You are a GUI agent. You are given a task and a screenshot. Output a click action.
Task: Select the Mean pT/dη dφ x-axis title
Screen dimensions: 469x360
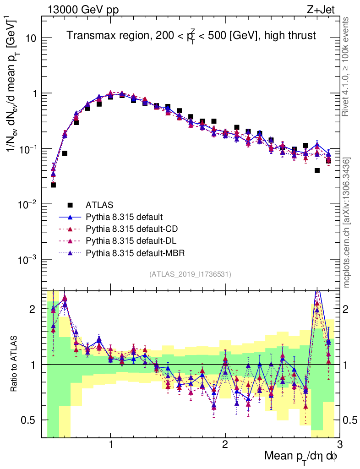301,457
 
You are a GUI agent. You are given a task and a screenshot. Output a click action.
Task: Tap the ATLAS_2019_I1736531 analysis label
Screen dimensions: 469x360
190,274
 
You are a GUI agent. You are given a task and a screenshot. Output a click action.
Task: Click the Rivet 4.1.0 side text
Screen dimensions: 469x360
347,66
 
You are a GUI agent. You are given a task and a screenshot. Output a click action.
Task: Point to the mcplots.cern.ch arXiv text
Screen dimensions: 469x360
347,223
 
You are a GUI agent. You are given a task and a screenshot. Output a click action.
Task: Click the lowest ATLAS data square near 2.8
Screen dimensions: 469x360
317,170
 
